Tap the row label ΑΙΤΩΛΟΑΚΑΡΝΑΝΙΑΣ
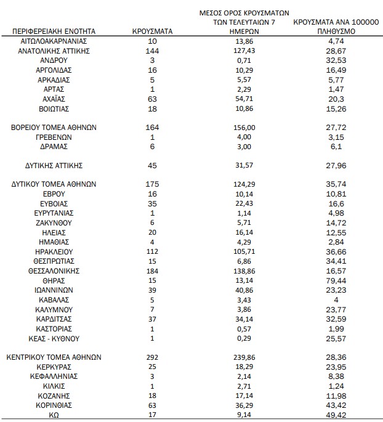coord(54,41)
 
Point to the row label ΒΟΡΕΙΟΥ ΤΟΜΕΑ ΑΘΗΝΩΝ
coord(54,127)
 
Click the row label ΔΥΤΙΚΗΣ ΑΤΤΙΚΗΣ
coord(54,165)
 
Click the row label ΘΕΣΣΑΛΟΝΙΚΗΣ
coord(54,270)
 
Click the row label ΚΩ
coord(53,415)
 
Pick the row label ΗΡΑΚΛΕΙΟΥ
coord(54,251)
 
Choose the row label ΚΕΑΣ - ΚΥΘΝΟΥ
coord(54,338)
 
